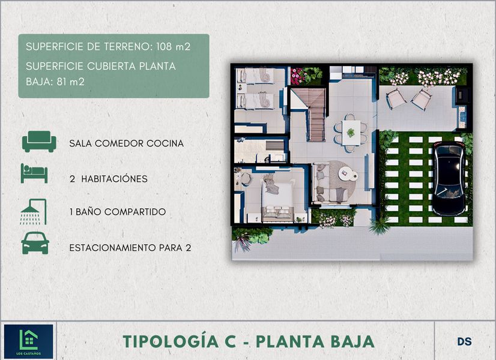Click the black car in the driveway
[x=449, y=179]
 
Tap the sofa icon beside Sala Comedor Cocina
[x=39, y=142]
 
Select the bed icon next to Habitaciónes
[x=34, y=173]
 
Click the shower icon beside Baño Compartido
[x=34, y=211]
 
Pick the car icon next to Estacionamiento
[x=35, y=243]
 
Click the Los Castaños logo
[x=28, y=341]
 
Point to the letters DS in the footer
[x=464, y=341]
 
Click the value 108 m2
[x=174, y=47]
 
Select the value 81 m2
[x=70, y=82]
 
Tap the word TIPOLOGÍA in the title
[x=171, y=341]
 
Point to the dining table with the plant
[x=351, y=133]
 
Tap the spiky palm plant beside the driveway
[x=380, y=226]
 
